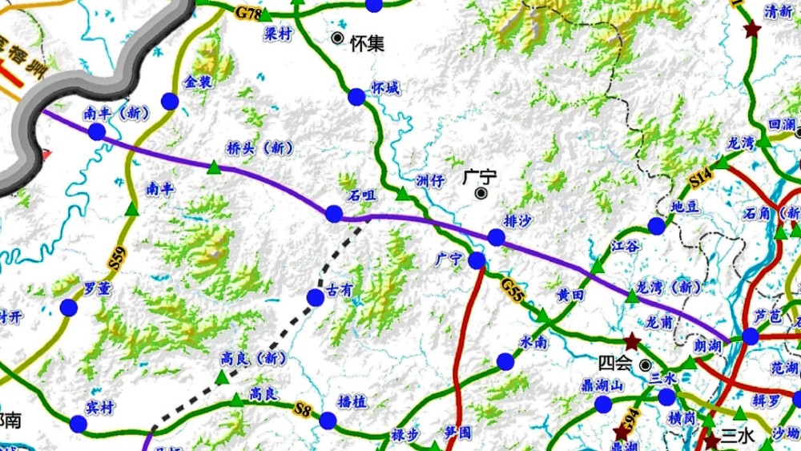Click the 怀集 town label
click(367, 43)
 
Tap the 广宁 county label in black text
click(480, 177)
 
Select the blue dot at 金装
click(170, 101)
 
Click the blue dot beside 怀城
click(356, 97)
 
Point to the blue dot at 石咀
click(334, 214)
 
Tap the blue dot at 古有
click(316, 298)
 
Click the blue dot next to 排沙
click(497, 237)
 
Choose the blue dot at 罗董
click(68, 308)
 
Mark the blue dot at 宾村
click(78, 425)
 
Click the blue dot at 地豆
click(657, 226)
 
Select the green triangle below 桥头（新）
click(214, 167)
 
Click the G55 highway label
click(513, 289)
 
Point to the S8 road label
click(301, 410)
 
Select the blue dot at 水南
click(505, 361)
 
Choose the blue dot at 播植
click(328, 421)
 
